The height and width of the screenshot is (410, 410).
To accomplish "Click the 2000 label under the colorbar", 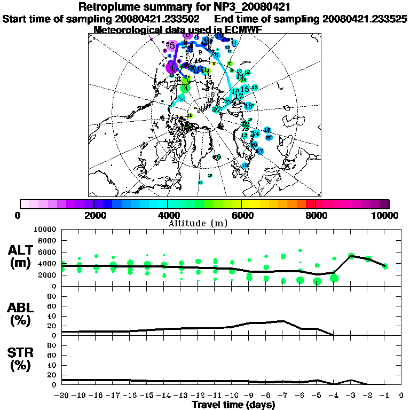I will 94,215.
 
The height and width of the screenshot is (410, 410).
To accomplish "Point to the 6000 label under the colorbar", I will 241,215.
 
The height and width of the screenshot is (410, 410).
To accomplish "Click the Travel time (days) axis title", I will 233,405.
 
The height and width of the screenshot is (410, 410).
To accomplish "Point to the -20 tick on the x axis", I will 62,396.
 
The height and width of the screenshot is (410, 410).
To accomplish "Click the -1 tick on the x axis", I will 384,396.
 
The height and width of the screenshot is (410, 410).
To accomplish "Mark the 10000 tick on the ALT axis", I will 45,229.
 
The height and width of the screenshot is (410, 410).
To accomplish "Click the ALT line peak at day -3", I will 351,256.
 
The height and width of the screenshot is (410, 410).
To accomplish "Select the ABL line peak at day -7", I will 283,321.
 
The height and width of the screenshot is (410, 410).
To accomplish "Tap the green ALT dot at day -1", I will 385,266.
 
